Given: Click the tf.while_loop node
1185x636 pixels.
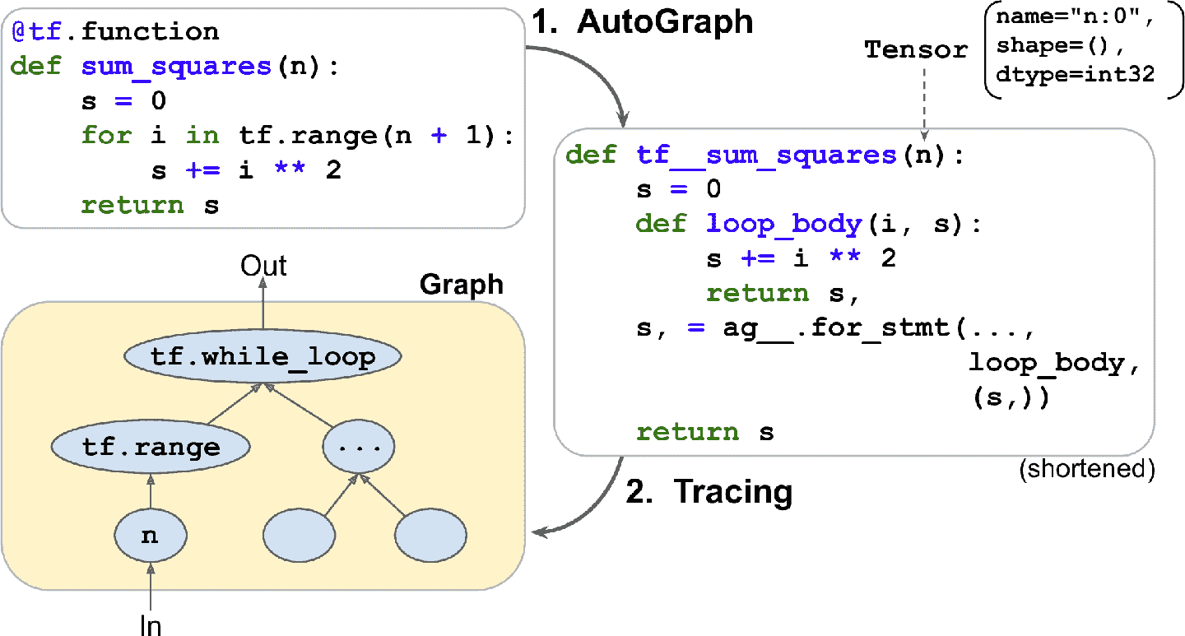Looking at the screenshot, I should (x=262, y=358).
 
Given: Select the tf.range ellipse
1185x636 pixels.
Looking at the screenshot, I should (x=151, y=447).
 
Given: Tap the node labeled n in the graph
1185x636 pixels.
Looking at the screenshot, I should (x=150, y=536).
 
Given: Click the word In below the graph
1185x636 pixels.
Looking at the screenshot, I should (x=150, y=626).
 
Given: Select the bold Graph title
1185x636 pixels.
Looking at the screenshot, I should (x=461, y=285).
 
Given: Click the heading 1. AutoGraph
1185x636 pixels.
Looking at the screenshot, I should (x=641, y=22).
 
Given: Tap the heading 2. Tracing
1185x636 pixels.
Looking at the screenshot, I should (x=709, y=491).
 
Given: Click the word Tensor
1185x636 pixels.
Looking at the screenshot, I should (x=916, y=50).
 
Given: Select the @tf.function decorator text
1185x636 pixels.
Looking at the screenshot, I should (x=115, y=32).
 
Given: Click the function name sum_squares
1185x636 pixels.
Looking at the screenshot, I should (x=176, y=67).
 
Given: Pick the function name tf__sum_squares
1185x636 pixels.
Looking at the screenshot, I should (x=766, y=155).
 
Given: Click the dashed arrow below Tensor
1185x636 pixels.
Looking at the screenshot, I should (x=924, y=100).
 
